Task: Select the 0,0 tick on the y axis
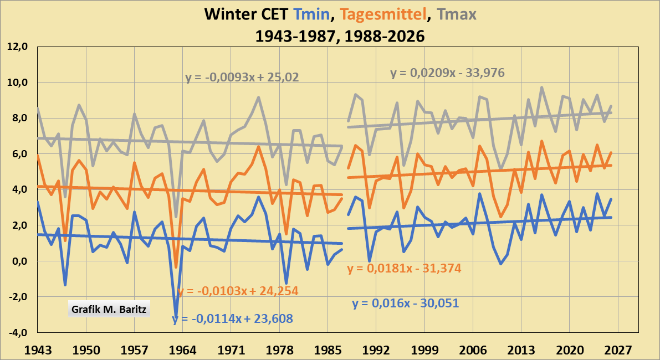[18, 261]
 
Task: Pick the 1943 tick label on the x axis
[37, 350]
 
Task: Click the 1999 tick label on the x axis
[425, 350]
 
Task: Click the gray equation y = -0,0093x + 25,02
[242, 78]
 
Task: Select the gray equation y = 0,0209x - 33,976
[447, 73]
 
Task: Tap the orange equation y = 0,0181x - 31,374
[404, 269]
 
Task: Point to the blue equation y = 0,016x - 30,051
[406, 304]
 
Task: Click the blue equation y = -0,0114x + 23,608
[233, 318]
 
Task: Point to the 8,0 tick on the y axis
[18, 119]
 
